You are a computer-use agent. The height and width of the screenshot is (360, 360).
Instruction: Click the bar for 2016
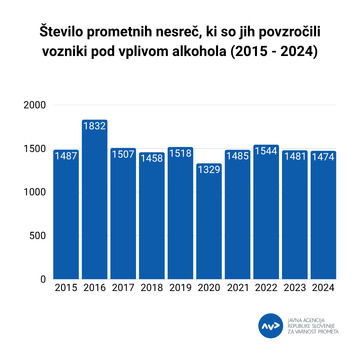(x=94, y=200)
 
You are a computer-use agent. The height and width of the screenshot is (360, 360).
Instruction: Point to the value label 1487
(x=66, y=156)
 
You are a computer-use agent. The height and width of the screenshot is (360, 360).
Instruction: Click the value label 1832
(x=94, y=127)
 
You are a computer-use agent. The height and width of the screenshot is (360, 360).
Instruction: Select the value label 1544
(x=265, y=152)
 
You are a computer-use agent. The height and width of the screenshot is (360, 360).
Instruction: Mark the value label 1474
(x=322, y=157)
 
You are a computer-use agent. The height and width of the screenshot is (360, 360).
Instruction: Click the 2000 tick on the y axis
(x=34, y=106)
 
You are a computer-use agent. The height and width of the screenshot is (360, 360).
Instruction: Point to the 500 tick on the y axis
(x=38, y=236)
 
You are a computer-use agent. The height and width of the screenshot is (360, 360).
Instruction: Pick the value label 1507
(x=123, y=155)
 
